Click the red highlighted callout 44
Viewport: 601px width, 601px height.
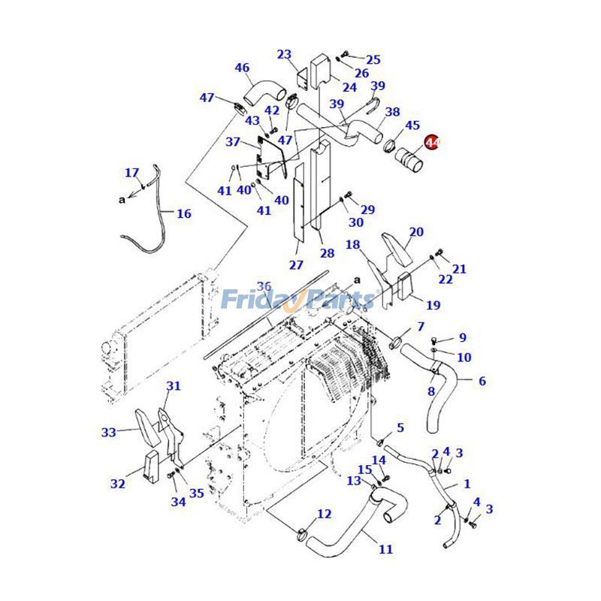click(x=433, y=142)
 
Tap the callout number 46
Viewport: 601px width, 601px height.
click(x=242, y=68)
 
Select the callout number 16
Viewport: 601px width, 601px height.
click(x=184, y=213)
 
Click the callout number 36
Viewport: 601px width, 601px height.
click(x=264, y=285)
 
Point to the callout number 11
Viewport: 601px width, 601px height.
click(x=385, y=549)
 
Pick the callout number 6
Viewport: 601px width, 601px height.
click(x=482, y=381)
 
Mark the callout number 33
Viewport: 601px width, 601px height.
click(x=109, y=432)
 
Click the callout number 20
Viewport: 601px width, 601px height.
click(x=416, y=231)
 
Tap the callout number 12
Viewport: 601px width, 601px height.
click(x=324, y=514)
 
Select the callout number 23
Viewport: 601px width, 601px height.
click(x=284, y=54)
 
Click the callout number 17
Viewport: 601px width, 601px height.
click(x=132, y=173)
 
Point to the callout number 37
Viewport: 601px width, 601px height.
click(x=233, y=142)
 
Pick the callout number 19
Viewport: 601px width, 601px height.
click(x=433, y=305)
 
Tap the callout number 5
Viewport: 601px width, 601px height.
click(x=400, y=427)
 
